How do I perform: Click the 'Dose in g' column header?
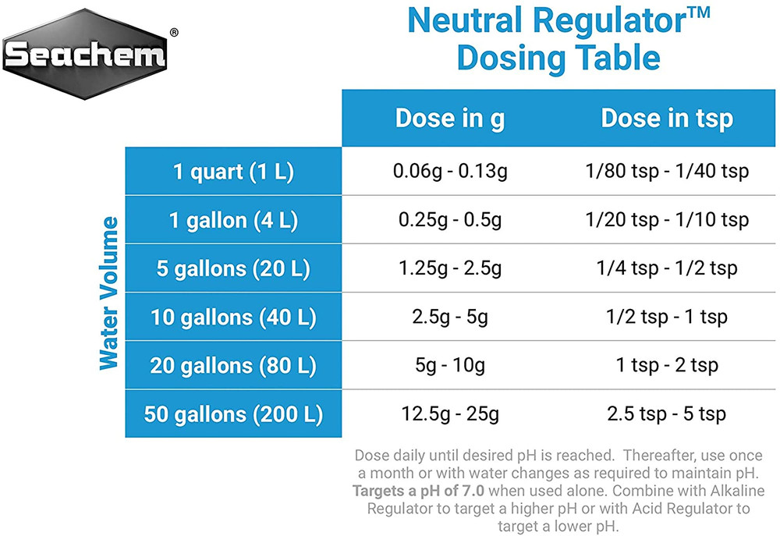[450, 119]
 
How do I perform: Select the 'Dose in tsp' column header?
[667, 119]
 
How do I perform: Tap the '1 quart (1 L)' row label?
[233, 172]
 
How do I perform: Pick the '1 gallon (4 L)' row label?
[233, 220]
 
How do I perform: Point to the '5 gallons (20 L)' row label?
[233, 269]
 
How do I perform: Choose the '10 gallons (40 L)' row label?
[233, 318]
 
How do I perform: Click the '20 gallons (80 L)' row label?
[233, 365]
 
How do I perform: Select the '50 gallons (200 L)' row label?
[233, 414]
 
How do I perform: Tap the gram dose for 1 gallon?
[450, 220]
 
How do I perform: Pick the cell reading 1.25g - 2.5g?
[450, 269]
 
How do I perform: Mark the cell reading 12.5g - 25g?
[450, 414]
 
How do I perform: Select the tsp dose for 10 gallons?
[667, 318]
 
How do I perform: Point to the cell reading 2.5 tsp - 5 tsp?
[667, 414]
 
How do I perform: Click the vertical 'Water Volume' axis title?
[109, 293]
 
